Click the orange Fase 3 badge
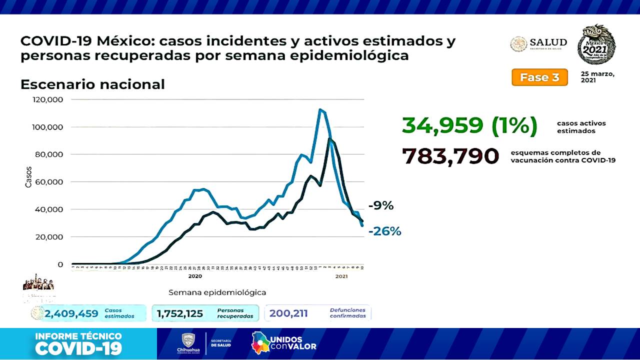[539, 77]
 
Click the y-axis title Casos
[28, 176]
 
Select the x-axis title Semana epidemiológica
[217, 292]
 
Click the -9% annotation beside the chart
[380, 205]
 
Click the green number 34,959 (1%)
[469, 126]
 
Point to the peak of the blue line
[320, 109]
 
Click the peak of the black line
[330, 139]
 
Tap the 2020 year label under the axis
[195, 276]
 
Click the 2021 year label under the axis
[341, 276]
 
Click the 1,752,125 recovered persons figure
[180, 313]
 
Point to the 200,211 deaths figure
[288, 313]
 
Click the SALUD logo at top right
[538, 44]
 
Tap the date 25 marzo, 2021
[597, 77]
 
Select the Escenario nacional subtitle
[92, 84]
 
